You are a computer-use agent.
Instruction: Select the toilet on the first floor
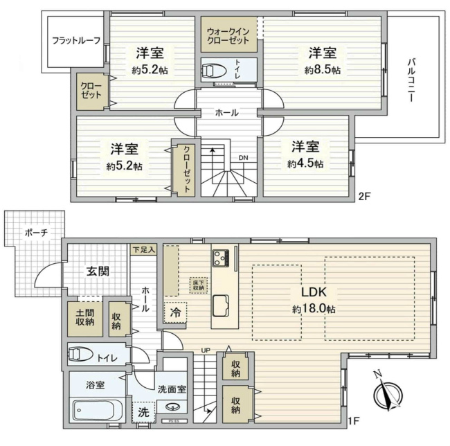point(83,355)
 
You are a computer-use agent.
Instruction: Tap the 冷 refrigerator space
point(176,313)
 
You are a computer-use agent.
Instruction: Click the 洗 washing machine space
point(144,411)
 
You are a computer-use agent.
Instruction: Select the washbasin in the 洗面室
point(177,407)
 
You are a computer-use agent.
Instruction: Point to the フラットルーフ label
point(72,40)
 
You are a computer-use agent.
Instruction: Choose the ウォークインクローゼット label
point(228,36)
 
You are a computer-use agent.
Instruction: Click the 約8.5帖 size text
point(322,70)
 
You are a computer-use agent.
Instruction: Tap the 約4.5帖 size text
point(305,164)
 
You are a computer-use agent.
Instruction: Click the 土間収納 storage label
point(85,317)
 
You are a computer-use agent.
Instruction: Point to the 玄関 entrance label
point(98,271)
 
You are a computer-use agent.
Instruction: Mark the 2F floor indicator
point(364,196)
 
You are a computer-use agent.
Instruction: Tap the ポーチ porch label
point(34,233)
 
